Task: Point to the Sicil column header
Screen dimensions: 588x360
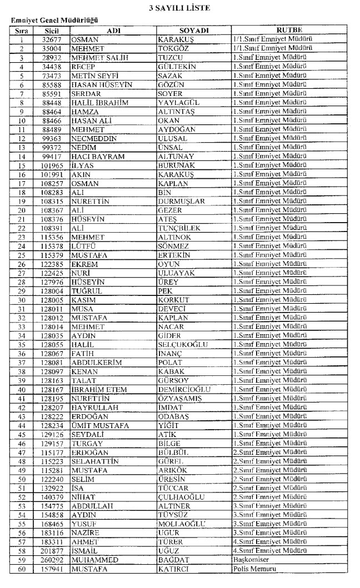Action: tap(53, 30)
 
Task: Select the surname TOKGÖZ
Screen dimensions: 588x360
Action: tap(176, 48)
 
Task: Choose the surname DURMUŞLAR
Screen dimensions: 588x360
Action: tap(182, 202)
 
